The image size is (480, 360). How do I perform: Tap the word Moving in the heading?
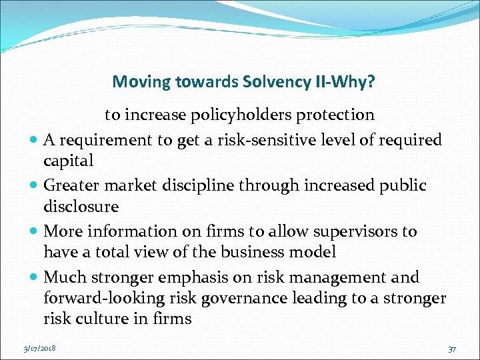pos(141,82)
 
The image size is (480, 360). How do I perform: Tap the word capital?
pos(68,161)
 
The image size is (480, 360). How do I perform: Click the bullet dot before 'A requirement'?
pos(33,141)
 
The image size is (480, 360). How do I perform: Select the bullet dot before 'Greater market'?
pos(33,186)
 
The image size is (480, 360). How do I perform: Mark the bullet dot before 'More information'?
pos(33,232)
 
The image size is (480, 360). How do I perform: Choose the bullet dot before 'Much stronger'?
pos(33,277)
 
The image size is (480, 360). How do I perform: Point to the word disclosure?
pos(81,207)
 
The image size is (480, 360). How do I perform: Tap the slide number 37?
pos(451,348)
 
